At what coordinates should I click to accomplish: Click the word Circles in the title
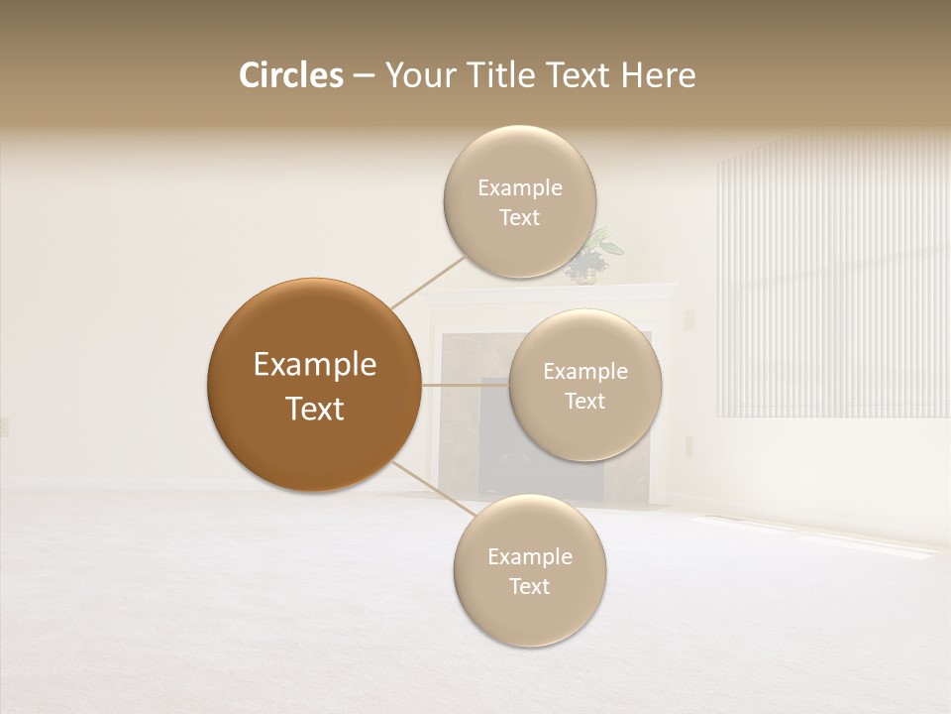click(290, 75)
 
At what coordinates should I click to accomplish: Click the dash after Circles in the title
click(364, 76)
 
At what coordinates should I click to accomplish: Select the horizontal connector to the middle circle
click(466, 384)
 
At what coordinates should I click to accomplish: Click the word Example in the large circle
click(314, 365)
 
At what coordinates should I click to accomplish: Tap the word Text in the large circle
click(314, 409)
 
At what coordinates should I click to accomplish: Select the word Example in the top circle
click(520, 188)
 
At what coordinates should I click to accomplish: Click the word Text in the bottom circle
click(529, 586)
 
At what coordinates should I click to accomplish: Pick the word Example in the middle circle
click(585, 372)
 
